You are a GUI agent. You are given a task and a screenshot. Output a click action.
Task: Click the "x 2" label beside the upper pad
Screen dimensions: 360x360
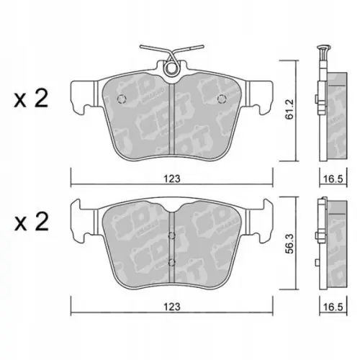pos(30,100)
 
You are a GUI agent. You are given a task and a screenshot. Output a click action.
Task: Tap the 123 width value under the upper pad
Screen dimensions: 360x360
pos(171,178)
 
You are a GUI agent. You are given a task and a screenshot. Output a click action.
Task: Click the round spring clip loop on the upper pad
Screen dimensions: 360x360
pos(171,70)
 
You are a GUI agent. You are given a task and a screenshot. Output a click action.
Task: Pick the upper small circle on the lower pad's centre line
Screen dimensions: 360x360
pos(171,235)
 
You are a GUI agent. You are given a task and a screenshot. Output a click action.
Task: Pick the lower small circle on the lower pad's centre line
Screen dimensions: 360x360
pos(171,261)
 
